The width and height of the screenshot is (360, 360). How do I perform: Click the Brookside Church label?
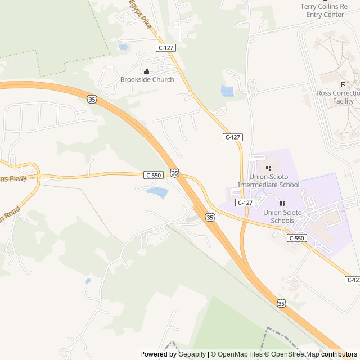coord(147,79)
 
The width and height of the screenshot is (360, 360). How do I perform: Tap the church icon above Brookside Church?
coord(147,71)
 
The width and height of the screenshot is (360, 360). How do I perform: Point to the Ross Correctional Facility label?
coord(338,97)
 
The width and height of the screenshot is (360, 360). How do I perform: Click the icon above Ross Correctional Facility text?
coord(343,84)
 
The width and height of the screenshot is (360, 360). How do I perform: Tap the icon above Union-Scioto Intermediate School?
coord(268,168)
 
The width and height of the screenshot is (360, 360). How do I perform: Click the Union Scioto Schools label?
coord(282,216)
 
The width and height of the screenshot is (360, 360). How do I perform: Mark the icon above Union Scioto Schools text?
coord(282,204)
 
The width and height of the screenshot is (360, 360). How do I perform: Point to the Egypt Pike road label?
coord(139,14)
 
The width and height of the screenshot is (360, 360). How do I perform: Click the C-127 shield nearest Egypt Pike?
coord(166,48)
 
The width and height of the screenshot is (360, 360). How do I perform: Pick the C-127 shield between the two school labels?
coord(245,202)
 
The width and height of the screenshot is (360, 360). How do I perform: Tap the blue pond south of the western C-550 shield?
coord(157,193)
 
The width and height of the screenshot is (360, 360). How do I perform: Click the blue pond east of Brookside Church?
coord(227,91)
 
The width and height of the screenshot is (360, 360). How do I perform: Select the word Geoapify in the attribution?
coord(192,354)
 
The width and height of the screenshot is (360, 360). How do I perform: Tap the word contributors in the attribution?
coord(339,354)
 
